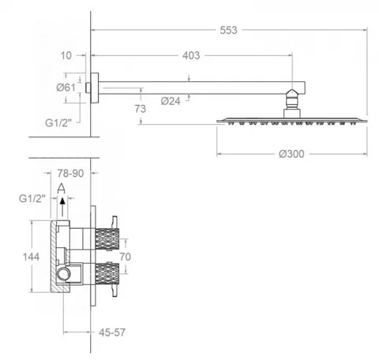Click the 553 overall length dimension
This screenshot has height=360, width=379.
tap(228, 30)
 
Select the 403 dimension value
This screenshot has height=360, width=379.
tap(191, 55)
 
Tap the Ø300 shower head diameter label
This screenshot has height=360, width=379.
tap(291, 154)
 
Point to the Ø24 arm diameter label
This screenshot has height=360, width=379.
tap(171, 101)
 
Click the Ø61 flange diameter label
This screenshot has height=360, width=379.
tap(66, 88)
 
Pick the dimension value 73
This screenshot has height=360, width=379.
tap(140, 109)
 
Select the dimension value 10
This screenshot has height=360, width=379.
tap(66, 55)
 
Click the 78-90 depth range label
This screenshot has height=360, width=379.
tap(70, 174)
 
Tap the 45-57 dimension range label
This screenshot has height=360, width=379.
tap(112, 332)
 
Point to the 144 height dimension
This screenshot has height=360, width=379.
tap(31, 257)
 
